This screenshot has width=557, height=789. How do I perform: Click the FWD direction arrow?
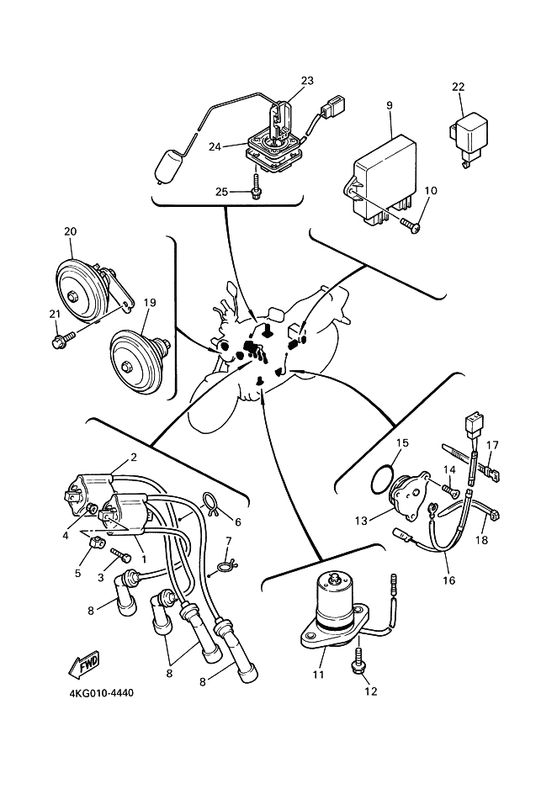(84, 663)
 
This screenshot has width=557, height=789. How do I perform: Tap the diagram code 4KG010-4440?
(102, 693)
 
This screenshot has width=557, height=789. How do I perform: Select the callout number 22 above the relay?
(458, 87)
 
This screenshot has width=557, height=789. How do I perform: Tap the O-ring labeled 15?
(384, 480)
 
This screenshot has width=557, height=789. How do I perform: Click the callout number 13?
(361, 521)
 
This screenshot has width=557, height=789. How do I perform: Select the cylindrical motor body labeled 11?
(335, 606)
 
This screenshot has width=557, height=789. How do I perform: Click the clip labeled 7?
(225, 565)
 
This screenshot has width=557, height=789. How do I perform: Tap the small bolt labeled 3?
(121, 555)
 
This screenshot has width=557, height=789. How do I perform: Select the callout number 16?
(448, 580)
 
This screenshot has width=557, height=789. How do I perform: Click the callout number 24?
(215, 146)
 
